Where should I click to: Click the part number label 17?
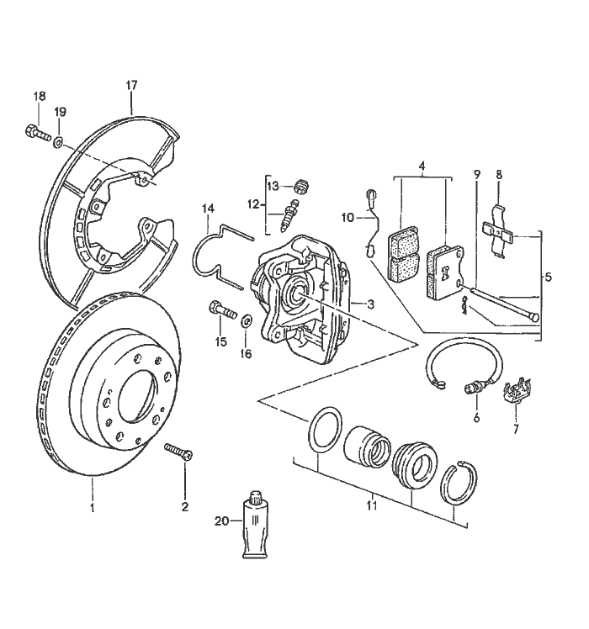click(x=131, y=86)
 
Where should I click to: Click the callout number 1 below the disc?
click(x=92, y=507)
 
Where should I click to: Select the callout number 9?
click(x=476, y=174)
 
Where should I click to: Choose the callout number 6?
click(x=475, y=417)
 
